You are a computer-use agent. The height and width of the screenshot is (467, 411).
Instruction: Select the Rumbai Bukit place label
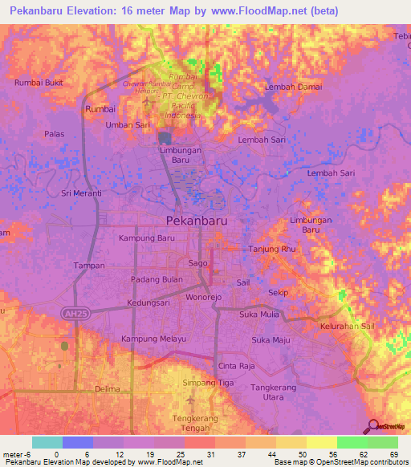[38, 82]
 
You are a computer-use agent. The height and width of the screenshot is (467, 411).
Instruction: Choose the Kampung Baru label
[146, 238]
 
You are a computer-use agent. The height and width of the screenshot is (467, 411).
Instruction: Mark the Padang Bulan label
[154, 279]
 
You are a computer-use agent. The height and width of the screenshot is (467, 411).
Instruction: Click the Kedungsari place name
[151, 303]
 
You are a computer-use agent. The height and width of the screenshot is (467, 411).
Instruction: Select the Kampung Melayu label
[153, 339]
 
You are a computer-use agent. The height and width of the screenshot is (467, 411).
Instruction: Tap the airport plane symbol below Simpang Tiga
[189, 400]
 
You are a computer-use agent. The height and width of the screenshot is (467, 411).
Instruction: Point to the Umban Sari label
[128, 126]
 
